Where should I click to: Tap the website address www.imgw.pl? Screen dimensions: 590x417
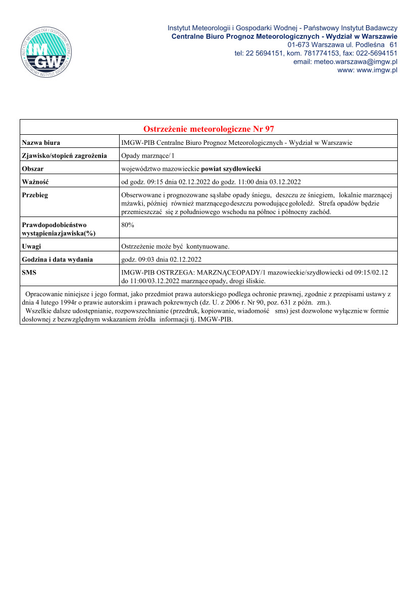[x=377, y=70]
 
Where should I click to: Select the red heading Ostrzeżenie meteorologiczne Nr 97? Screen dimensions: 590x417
[x=209, y=129]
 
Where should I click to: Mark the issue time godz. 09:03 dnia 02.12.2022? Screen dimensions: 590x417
[x=162, y=259]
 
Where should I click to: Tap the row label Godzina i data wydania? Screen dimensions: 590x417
[x=57, y=259]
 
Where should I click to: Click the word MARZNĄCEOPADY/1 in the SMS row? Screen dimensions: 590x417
[x=232, y=273]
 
